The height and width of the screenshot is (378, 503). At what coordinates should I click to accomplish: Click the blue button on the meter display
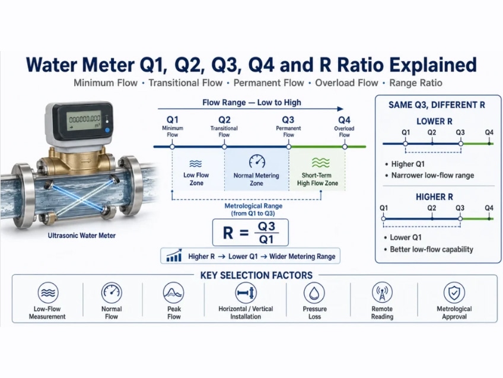(x=107, y=131)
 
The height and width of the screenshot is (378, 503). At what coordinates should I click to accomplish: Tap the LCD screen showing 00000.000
(x=85, y=121)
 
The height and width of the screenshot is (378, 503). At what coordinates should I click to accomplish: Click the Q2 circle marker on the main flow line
(x=224, y=147)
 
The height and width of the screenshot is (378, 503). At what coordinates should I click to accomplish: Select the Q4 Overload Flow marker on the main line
(x=345, y=147)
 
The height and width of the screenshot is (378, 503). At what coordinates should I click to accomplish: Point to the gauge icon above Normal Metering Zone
(x=257, y=161)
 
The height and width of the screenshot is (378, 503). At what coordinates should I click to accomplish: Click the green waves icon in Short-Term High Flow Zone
(x=320, y=163)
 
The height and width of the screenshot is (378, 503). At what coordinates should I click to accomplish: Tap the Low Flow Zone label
(x=196, y=179)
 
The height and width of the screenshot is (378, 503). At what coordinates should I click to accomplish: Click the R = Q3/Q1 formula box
(x=250, y=233)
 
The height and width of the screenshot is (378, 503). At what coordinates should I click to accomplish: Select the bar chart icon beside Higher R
(x=174, y=256)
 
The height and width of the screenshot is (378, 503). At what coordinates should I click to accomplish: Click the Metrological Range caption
(x=253, y=209)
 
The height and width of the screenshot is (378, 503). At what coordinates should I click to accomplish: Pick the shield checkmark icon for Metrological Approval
(x=454, y=293)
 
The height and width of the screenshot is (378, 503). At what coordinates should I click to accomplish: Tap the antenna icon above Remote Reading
(x=382, y=293)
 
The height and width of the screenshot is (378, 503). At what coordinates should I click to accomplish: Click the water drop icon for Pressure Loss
(x=314, y=293)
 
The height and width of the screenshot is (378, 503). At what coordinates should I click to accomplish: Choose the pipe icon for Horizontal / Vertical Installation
(x=246, y=293)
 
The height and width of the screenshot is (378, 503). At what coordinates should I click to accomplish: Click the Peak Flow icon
(x=174, y=293)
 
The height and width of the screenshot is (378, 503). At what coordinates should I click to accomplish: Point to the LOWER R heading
(x=434, y=121)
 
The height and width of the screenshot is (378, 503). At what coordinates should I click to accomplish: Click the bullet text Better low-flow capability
(x=431, y=249)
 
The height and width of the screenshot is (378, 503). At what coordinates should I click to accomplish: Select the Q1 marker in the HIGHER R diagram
(x=383, y=219)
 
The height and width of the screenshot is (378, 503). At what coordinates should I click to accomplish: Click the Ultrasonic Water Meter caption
(x=81, y=236)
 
